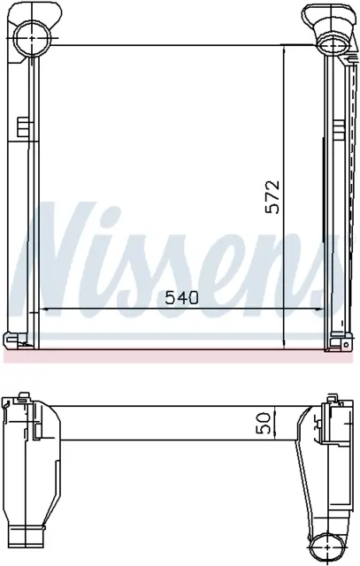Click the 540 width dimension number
click(181, 298)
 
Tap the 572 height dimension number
click(272, 196)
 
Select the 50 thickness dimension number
click(264, 423)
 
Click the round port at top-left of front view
click(32, 37)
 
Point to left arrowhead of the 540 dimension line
click(43, 309)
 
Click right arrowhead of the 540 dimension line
click(319, 309)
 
